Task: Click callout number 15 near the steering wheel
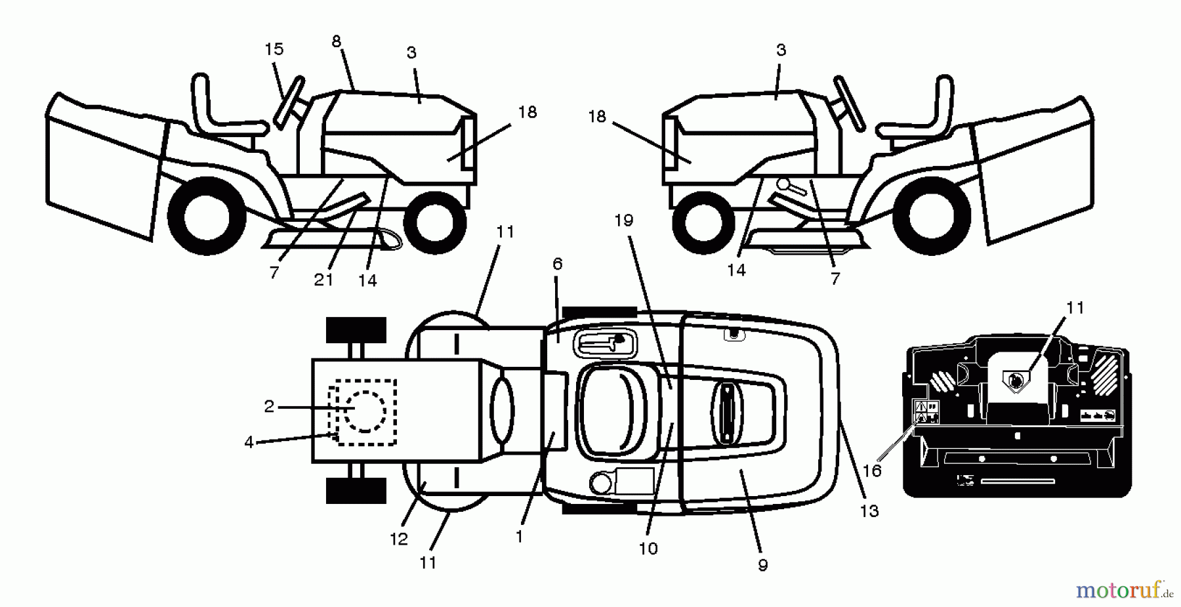point(274,49)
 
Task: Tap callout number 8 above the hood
point(337,42)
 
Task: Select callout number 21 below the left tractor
point(323,280)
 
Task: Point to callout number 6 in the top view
point(558,264)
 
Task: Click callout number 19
point(624,220)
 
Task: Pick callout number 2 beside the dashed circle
point(269,407)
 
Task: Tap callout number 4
point(249,443)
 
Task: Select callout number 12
point(399,539)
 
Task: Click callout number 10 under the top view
point(648,549)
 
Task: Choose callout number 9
point(762,565)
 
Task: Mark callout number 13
point(869,511)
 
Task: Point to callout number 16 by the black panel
point(872,471)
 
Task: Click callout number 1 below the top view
point(519,537)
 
